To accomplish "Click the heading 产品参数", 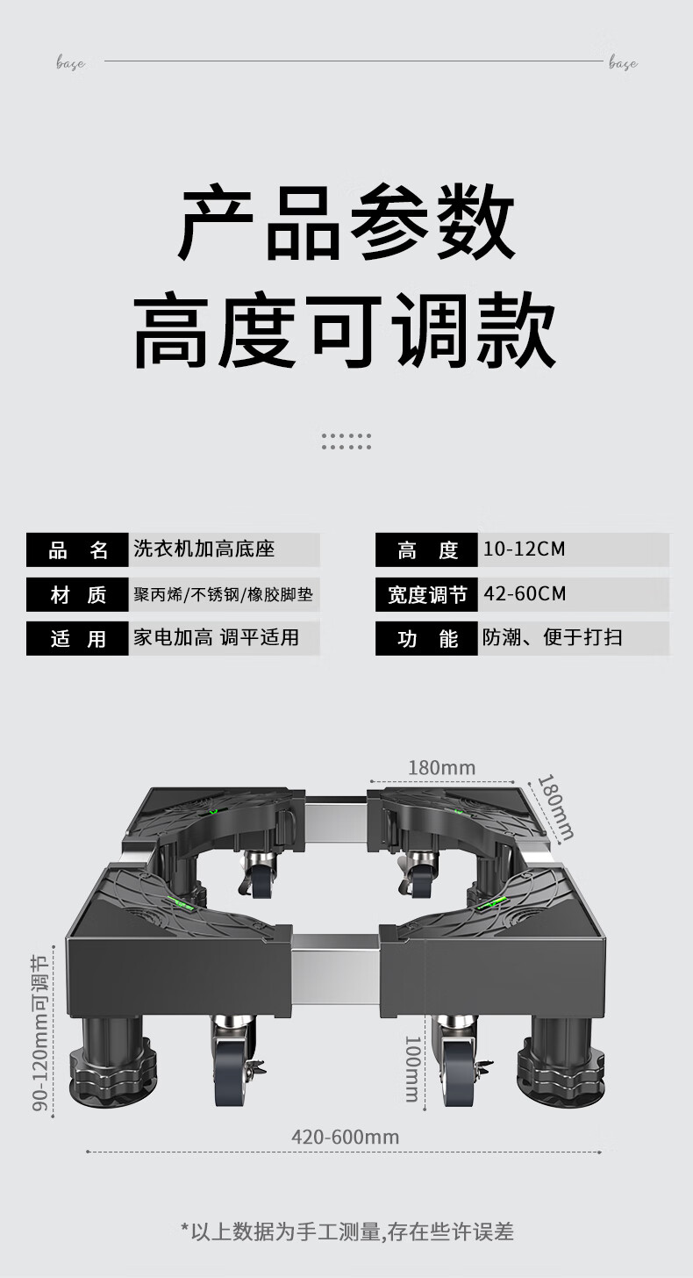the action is click(x=346, y=223).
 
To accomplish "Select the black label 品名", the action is click(x=78, y=550).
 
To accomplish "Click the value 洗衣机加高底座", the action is click(x=204, y=549).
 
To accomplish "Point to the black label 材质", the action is click(x=78, y=595).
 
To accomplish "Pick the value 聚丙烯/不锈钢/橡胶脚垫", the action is click(x=223, y=595).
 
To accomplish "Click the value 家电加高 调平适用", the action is click(x=216, y=638).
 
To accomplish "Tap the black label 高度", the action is click(x=427, y=550).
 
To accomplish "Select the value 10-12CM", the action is click(x=524, y=549).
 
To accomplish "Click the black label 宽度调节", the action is click(x=427, y=595).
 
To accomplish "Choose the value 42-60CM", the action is click(x=525, y=594).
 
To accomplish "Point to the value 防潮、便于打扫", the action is click(x=552, y=638).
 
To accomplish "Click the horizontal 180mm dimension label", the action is click(x=441, y=768).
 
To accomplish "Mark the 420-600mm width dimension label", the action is click(x=345, y=1137).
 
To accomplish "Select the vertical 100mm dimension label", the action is click(x=412, y=1068).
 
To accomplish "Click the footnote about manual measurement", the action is click(x=346, y=1231).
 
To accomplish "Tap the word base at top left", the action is click(x=70, y=63).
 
